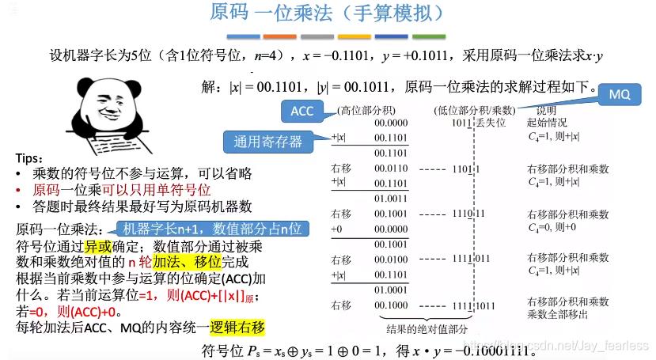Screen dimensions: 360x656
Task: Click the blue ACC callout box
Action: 302,112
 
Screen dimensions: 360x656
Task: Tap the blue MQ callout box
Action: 620,94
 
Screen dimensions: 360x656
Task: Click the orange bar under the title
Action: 279,36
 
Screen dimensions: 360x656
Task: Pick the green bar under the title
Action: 428,36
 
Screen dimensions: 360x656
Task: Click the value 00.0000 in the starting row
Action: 392,123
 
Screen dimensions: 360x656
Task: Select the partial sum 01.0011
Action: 392,199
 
